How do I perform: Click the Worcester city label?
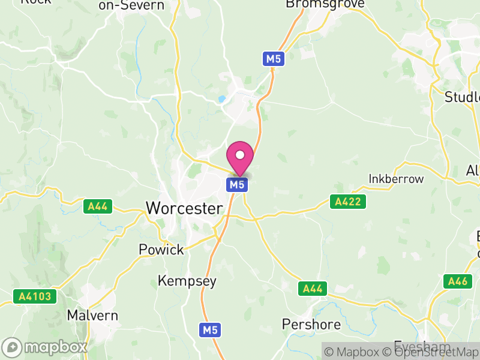[185, 209]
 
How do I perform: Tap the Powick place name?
[161, 250]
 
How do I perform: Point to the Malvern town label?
[92, 315]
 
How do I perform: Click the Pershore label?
[311, 325]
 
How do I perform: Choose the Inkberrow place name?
[396, 179]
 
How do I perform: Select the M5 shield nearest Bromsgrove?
[272, 59]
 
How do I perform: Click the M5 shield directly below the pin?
[237, 185]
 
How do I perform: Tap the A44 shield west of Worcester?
[97, 206]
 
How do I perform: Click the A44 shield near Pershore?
[312, 289]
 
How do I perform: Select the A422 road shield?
[347, 202]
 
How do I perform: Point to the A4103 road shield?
[35, 296]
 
